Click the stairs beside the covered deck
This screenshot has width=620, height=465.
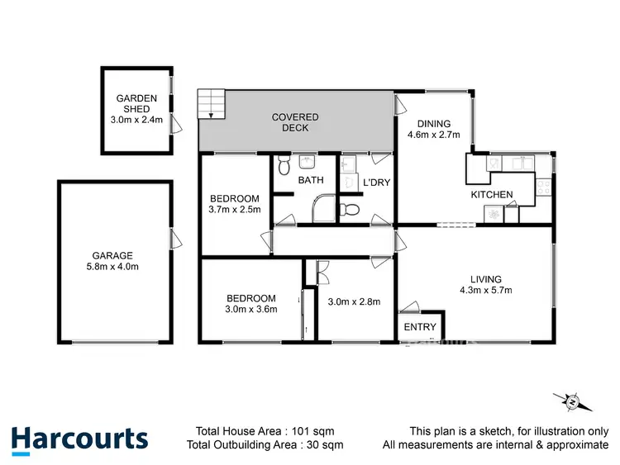pos(211,103)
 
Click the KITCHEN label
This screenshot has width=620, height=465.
pos(492,195)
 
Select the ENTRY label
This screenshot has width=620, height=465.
pos(420,327)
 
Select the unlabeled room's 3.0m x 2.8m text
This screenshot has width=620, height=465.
pos(354,301)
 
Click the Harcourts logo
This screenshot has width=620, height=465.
pos(79,439)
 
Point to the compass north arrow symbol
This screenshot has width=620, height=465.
pos(573,402)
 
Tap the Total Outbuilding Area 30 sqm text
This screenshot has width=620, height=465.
pos(265,446)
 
